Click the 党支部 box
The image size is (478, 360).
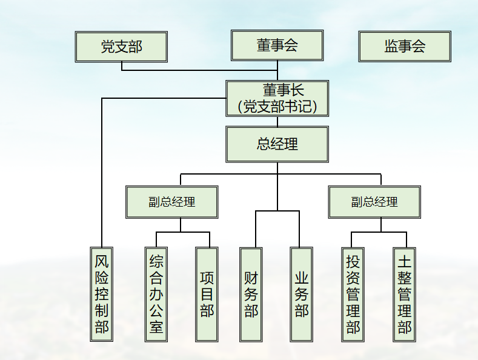pos(121,47)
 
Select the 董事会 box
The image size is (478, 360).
pos(277,45)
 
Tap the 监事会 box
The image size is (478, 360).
pos(405,47)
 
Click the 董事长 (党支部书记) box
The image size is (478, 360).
pos(277,99)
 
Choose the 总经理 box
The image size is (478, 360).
pos(277,144)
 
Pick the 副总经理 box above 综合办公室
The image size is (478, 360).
pos(172,202)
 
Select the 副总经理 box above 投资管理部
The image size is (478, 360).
pos(374,202)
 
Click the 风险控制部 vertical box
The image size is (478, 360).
pos(102,294)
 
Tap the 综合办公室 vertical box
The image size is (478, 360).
pos(156,294)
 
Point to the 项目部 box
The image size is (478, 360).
pos(207,294)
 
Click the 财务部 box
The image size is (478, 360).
pos(251,294)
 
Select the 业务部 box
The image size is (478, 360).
pos(302,294)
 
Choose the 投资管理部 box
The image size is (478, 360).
pos(353,294)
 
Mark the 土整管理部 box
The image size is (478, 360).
pos(404,294)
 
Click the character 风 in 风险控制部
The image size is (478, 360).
pos(102,262)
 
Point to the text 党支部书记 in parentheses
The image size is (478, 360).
pos(277,107)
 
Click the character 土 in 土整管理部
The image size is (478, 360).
pos(404,262)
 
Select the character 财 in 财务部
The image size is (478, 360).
pos(251,278)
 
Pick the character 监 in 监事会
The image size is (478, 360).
pos(391,47)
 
